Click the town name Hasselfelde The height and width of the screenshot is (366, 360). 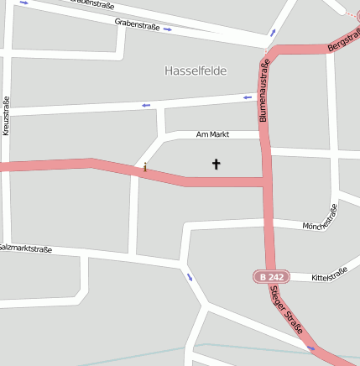(196, 71)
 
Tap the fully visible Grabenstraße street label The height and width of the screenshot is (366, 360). (137, 25)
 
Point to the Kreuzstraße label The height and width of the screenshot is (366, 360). (6, 116)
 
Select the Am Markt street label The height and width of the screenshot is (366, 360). (212, 134)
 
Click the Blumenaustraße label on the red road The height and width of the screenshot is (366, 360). (264, 91)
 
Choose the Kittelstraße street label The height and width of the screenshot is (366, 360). (329, 274)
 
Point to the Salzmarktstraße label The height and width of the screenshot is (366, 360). (25, 248)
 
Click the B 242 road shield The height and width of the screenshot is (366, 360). (270, 276)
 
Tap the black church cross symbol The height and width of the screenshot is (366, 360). (216, 165)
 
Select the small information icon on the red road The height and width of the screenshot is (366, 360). (144, 168)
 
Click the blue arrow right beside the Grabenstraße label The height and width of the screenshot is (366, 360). (168, 29)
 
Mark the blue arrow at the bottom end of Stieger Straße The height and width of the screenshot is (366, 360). (312, 348)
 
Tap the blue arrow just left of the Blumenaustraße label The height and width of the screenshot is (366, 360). (248, 97)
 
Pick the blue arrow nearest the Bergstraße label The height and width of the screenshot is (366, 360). (352, 14)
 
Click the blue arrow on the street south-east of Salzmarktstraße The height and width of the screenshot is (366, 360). (190, 277)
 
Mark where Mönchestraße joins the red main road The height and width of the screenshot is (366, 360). (269, 222)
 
